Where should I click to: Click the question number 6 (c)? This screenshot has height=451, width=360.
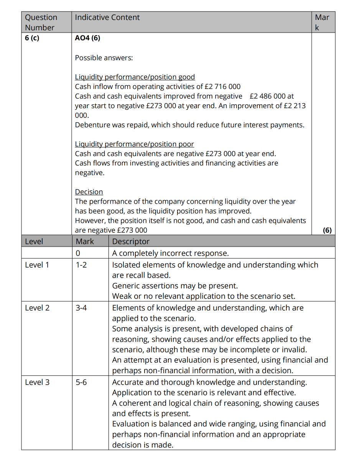(x=32, y=38)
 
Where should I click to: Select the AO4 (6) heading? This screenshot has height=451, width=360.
(x=88, y=38)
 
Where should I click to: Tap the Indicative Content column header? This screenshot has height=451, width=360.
(x=107, y=17)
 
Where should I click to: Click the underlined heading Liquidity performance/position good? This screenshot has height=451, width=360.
(x=135, y=77)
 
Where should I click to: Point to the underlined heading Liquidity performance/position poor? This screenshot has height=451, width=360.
(x=135, y=144)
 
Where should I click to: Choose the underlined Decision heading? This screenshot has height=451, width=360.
(x=89, y=192)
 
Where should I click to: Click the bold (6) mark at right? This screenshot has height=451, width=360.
(x=327, y=230)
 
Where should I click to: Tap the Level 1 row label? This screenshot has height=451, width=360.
(x=37, y=265)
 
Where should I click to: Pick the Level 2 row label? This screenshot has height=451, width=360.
(x=37, y=308)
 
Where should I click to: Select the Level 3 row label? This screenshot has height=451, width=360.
(x=37, y=382)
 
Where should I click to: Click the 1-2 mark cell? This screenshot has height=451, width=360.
(x=81, y=265)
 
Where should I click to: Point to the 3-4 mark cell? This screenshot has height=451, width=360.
(x=81, y=308)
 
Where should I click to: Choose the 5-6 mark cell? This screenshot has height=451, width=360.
(x=81, y=382)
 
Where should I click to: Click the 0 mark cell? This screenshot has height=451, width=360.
(x=78, y=253)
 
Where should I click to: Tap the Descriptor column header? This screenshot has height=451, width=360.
(x=131, y=242)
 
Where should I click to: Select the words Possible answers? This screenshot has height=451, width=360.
(x=104, y=58)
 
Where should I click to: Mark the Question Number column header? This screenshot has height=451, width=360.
(x=41, y=22)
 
